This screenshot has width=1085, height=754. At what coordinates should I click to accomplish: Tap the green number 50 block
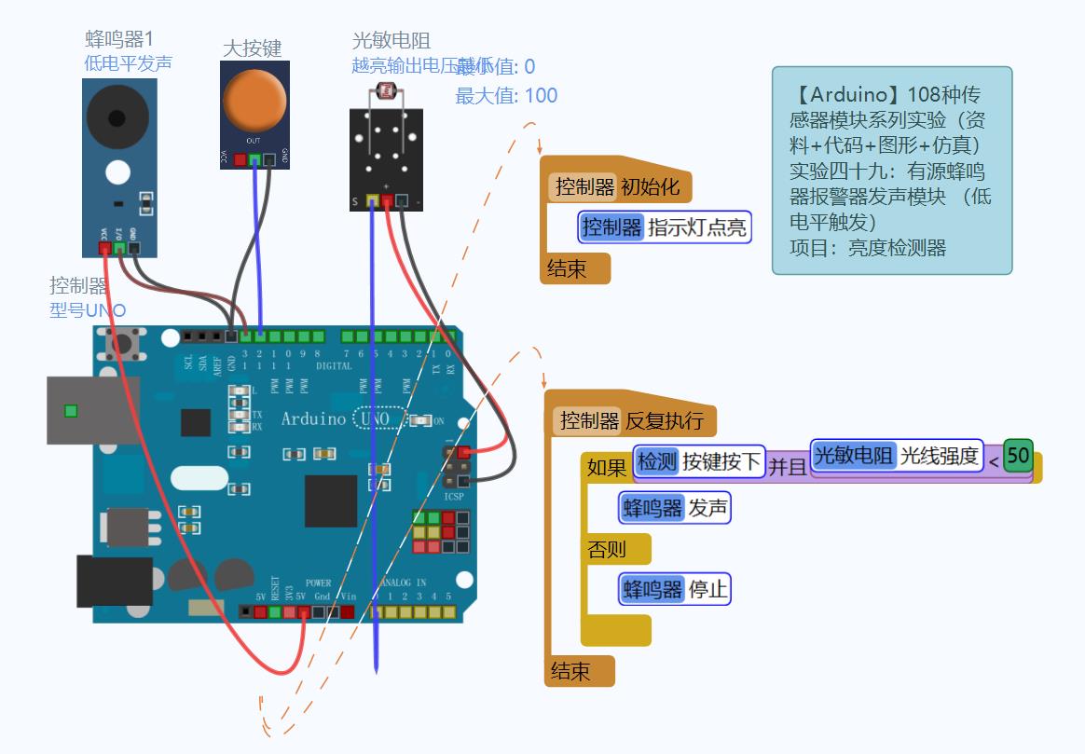point(1018,456)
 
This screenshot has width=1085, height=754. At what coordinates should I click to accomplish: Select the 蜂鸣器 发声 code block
point(674,508)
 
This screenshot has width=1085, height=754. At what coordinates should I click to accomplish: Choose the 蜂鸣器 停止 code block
point(674,589)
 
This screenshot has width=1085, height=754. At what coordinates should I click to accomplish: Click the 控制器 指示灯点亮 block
point(664,226)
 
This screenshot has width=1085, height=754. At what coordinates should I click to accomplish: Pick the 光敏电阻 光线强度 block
point(897,456)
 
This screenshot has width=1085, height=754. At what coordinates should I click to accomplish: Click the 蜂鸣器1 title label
point(119,39)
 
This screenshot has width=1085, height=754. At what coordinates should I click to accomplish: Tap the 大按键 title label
point(253,48)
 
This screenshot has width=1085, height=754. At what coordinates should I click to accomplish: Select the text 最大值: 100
point(506,95)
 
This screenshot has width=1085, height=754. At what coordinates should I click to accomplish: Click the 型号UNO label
point(88,310)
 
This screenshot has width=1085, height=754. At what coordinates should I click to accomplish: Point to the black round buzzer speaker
point(117,117)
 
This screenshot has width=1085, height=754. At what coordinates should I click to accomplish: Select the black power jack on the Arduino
point(114,580)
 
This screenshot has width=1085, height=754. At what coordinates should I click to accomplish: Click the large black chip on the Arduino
point(331,500)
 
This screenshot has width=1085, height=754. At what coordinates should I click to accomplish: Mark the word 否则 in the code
point(607,549)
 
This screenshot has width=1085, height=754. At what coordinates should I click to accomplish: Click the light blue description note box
point(891,171)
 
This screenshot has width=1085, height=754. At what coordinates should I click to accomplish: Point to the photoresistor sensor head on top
point(384,91)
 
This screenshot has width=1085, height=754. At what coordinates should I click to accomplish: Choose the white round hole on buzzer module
point(117,172)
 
